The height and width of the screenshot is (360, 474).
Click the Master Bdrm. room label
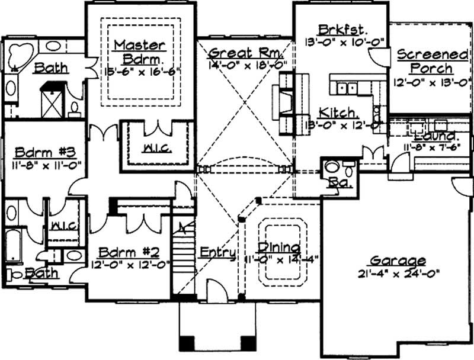pos(140,52)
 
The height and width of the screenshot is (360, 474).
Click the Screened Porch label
pos(431,62)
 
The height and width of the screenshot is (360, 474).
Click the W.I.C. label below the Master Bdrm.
pos(158,148)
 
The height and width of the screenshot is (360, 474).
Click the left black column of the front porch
pos(187,343)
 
